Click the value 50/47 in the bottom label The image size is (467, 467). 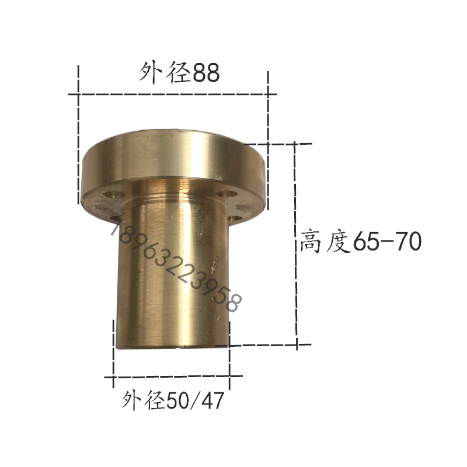click(196, 402)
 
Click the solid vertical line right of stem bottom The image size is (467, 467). click(229, 350)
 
